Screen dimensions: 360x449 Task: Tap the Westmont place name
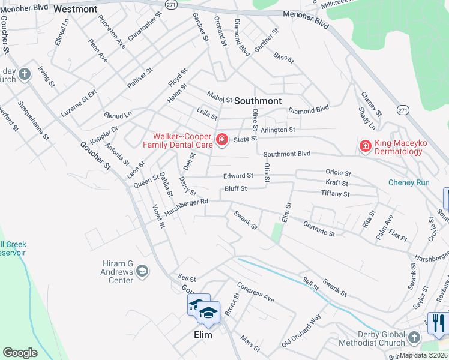(75, 10)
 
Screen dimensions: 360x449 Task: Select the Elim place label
(203, 335)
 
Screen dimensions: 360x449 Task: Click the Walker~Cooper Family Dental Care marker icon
(222, 140)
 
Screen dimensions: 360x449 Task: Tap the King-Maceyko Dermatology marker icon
(364, 145)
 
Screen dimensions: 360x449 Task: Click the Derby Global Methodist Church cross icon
(413, 338)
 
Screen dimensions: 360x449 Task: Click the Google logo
(20, 353)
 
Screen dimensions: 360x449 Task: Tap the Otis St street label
(267, 173)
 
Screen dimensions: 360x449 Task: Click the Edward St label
(238, 176)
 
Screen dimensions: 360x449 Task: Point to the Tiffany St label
(335, 194)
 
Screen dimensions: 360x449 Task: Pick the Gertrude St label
(319, 228)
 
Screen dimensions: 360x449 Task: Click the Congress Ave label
(255, 292)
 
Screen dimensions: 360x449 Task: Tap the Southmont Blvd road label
(286, 154)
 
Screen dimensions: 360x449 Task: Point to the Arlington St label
(277, 129)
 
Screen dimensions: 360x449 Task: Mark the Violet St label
(158, 217)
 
